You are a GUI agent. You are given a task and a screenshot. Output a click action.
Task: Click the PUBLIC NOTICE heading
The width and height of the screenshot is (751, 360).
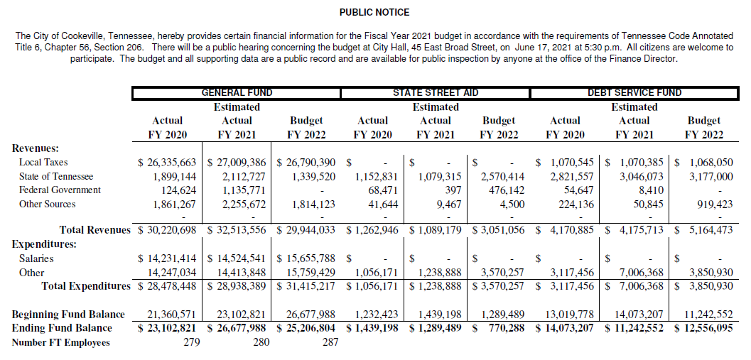pos(374,12)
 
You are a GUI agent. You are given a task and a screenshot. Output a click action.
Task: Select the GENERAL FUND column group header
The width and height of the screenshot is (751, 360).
pos(237,92)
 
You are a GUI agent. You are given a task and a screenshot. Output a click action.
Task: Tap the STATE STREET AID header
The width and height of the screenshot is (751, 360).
pos(436,92)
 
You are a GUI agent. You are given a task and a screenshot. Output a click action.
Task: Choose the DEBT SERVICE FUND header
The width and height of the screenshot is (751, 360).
pos(634,92)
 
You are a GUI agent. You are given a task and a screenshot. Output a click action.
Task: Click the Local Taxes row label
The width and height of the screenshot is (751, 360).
pos(43,162)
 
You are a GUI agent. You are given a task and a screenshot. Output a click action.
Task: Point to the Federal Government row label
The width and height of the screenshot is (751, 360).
pos(60,190)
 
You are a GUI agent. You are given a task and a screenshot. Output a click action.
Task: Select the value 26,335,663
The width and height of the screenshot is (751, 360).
pos(168,162)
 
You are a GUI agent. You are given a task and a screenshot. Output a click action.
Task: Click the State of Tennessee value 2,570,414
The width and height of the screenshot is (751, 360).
pos(503,176)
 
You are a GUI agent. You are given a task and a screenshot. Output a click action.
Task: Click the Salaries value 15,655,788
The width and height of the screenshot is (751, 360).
pos(310,258)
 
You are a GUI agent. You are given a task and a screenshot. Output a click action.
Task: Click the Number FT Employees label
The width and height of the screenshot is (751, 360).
pos(61,342)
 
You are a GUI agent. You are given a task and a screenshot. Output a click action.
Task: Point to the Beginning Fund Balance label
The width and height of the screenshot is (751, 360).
pos(68,314)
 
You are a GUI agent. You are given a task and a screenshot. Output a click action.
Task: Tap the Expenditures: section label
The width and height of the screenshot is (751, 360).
pos(45,244)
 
